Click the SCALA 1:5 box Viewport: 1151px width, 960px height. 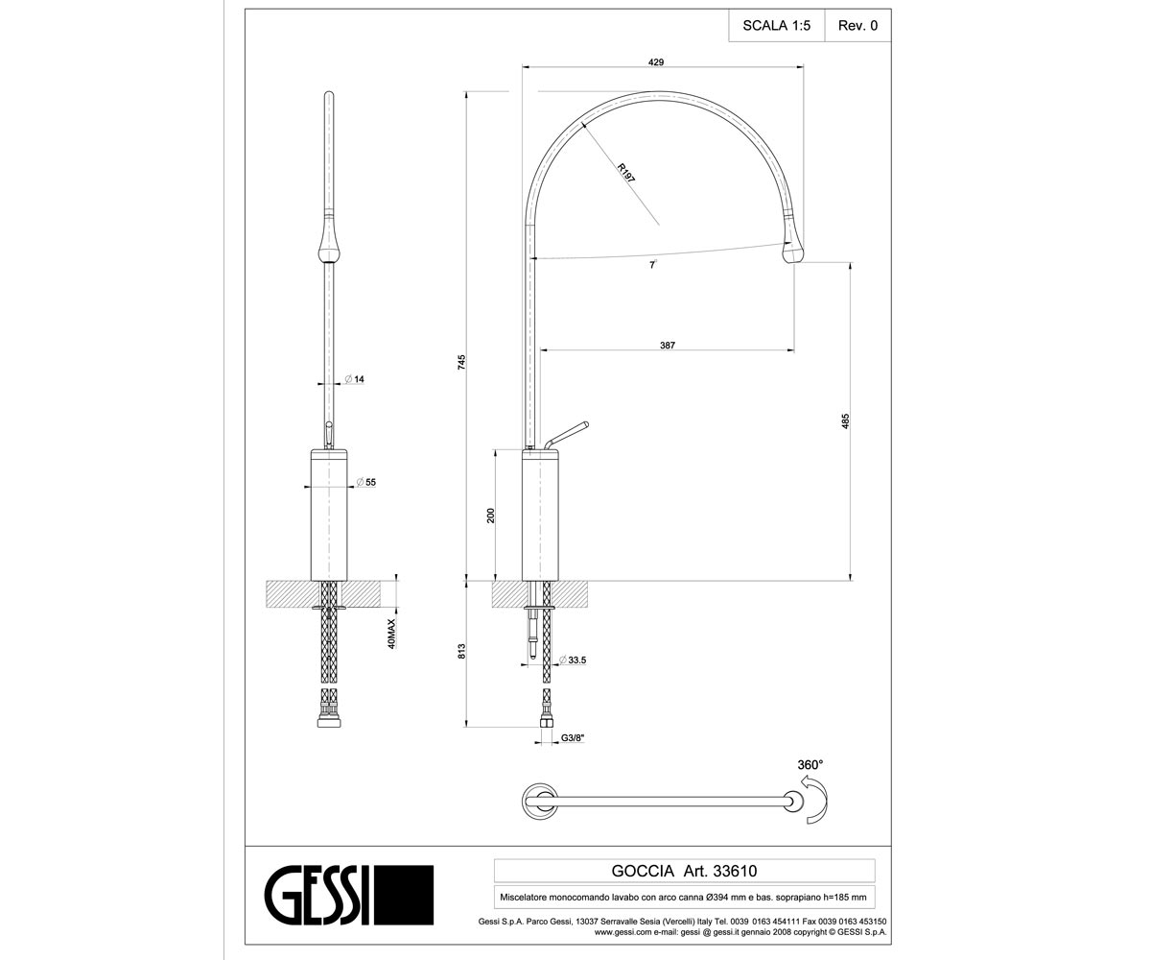776,26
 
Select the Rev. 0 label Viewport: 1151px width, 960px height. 857,26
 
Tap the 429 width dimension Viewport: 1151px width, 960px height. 656,62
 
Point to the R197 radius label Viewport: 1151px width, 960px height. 626,173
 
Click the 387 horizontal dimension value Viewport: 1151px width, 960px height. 668,346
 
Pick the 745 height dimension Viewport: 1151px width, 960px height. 462,362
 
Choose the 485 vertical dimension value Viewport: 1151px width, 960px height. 846,421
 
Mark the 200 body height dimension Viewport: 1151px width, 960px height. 490,516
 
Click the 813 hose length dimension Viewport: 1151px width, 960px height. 462,651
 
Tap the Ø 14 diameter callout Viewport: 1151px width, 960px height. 355,379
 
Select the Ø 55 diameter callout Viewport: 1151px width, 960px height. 365,482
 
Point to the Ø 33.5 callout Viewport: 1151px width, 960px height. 573,660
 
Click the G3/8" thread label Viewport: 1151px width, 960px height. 573,737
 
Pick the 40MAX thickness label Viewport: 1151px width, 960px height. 391,634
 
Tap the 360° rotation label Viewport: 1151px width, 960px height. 810,765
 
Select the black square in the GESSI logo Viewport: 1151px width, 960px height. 404,895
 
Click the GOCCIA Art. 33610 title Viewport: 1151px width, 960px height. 684,871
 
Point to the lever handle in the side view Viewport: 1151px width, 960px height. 567,436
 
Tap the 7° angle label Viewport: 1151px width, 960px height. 652,265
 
